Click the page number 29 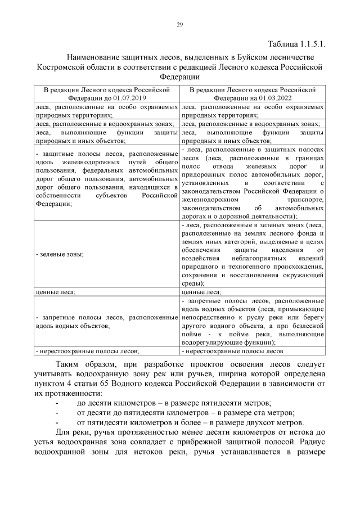pos(180,25)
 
